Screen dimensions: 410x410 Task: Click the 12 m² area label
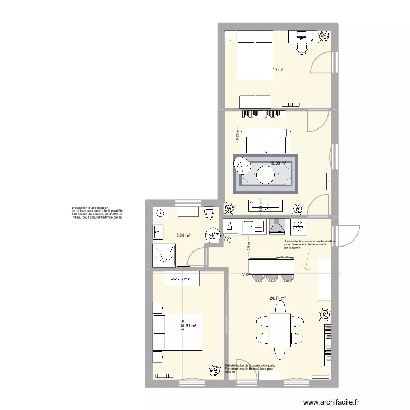pyautogui.click(x=278, y=70)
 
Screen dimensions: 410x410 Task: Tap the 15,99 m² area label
pyautogui.click(x=277, y=163)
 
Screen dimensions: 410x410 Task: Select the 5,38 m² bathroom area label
pyautogui.click(x=183, y=236)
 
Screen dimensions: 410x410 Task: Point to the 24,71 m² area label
pyautogui.click(x=278, y=298)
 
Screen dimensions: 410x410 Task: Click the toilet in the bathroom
pyautogui.click(x=208, y=214)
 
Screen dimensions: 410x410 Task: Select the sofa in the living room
pyautogui.click(x=266, y=140)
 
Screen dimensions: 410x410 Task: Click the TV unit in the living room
pyautogui.click(x=266, y=205)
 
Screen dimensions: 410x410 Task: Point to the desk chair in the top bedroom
pyautogui.click(x=302, y=48)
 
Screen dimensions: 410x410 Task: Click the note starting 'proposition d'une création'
pyautogui.click(x=97, y=213)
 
